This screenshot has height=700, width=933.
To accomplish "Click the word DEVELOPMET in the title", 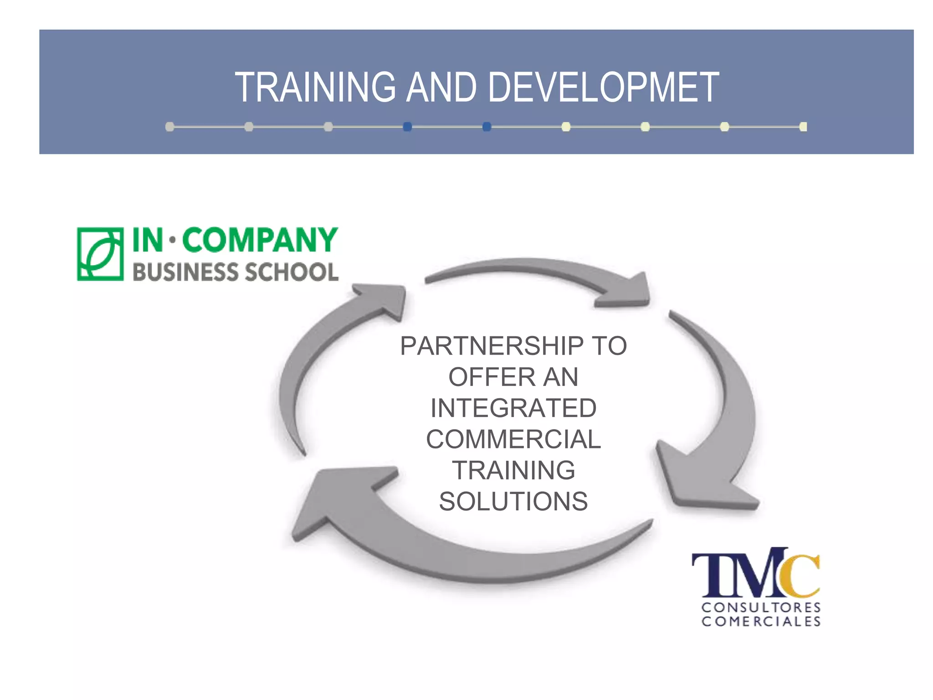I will pyautogui.click(x=603, y=87).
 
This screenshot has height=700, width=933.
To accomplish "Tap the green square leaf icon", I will pyautogui.click(x=100, y=254).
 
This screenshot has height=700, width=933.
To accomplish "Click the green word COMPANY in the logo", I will pyautogui.click(x=260, y=240).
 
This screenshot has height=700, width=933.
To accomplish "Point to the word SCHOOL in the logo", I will pyautogui.click(x=292, y=272).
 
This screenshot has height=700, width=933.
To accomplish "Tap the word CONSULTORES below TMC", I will pyautogui.click(x=761, y=607).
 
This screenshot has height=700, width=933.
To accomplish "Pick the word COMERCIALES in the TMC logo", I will pyautogui.click(x=761, y=622).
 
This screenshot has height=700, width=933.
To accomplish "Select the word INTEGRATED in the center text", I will pyautogui.click(x=513, y=408).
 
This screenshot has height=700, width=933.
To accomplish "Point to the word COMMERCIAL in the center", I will pyautogui.click(x=513, y=439).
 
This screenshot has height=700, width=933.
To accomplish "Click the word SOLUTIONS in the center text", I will pyautogui.click(x=513, y=502).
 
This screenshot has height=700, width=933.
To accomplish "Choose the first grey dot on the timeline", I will pyautogui.click(x=169, y=127).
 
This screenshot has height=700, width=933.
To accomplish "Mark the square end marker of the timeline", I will pyautogui.click(x=803, y=127).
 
